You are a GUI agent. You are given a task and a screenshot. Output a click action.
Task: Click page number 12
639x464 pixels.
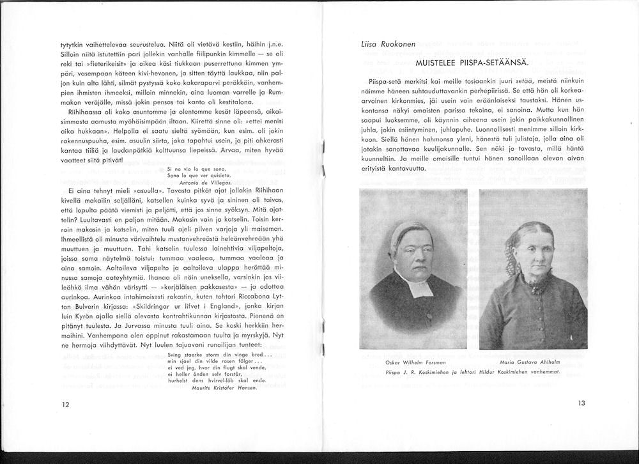[65, 405]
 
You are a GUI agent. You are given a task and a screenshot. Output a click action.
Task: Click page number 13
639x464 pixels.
[581, 403]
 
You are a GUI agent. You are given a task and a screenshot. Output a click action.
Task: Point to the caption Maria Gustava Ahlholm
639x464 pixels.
[533, 363]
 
